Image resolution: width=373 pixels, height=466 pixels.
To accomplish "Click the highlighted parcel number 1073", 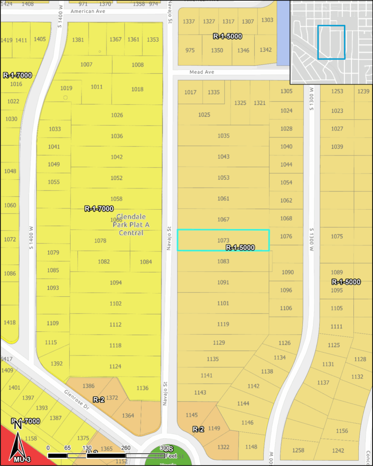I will click(x=223, y=240).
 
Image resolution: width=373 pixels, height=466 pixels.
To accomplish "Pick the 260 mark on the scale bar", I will click(x=126, y=448).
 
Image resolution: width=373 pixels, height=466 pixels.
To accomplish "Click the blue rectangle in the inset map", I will click(x=331, y=42).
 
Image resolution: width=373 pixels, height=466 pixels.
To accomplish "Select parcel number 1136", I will click(x=142, y=388).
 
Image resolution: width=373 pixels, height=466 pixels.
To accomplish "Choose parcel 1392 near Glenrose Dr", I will click(x=56, y=364).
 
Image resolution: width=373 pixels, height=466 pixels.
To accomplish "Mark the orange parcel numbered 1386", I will click(x=88, y=386).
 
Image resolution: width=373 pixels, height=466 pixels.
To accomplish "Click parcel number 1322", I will click(x=223, y=447).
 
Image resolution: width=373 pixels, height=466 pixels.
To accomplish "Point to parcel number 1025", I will click(x=204, y=115).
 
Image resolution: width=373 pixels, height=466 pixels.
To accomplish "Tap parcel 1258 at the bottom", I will click(x=298, y=450).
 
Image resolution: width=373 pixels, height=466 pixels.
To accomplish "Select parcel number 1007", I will click(x=86, y=65).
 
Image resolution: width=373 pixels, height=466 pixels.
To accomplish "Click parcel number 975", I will click(x=190, y=50).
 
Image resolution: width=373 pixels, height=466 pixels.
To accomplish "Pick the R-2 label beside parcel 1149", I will click(x=198, y=429).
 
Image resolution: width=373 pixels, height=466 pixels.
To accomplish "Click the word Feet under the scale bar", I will click(x=171, y=455).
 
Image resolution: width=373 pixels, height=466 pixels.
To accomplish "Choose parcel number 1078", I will click(x=100, y=241).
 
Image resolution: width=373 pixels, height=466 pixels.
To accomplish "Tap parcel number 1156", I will click(x=342, y=431).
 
